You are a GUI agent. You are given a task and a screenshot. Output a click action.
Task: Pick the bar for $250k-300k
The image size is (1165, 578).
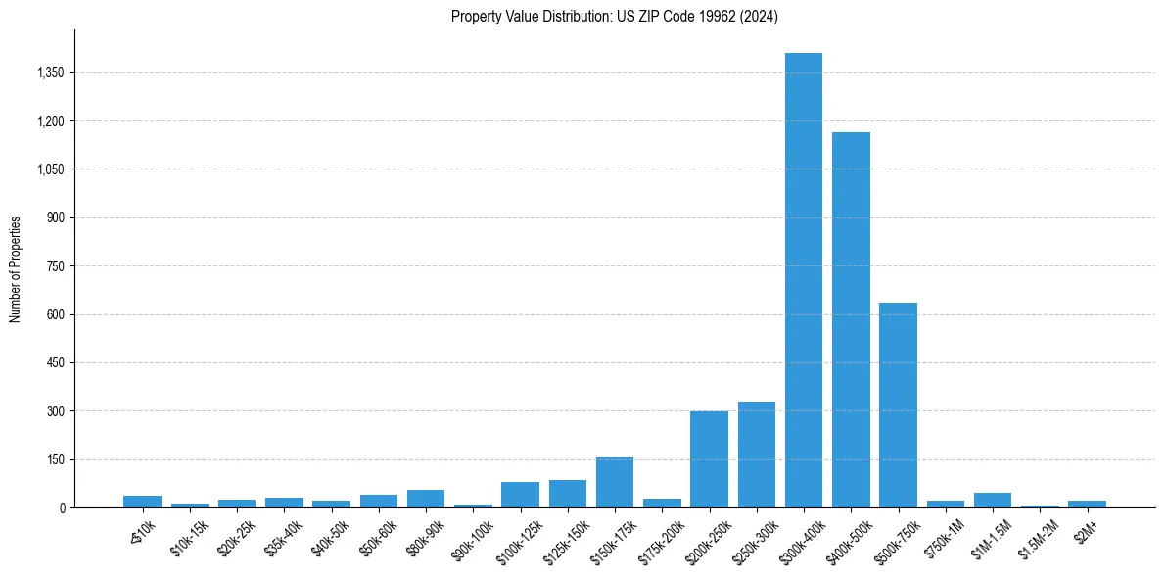757,455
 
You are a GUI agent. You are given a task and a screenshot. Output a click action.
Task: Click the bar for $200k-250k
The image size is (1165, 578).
709,459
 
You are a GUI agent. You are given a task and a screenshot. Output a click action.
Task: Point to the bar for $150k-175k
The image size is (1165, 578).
615,482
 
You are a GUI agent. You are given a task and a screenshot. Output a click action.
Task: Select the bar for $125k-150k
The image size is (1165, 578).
568,494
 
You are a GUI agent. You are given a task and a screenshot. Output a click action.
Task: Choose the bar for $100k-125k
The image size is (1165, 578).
520,495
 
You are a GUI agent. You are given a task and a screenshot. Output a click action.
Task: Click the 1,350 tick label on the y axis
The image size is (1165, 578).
50,73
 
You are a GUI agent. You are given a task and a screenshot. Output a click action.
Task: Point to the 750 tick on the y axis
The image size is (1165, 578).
56,266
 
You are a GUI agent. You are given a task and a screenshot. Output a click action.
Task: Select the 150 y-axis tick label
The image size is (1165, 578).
56,459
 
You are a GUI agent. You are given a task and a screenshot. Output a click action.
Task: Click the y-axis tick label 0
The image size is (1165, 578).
62,507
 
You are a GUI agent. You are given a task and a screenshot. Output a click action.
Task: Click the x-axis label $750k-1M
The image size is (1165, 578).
945,537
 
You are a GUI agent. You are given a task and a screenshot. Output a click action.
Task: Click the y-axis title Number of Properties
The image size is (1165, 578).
16,269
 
